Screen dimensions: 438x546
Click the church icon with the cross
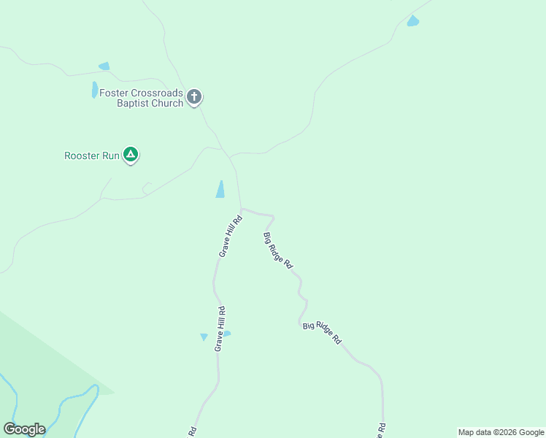coord(194,97)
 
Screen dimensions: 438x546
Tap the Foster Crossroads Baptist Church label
coord(141,98)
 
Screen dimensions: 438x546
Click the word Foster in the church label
coord(115,93)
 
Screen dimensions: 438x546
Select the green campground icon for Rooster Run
coord(131,155)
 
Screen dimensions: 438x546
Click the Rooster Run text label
coord(91,155)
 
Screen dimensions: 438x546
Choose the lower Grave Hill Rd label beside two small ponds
coord(219,328)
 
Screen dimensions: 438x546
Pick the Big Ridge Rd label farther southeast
coord(322,332)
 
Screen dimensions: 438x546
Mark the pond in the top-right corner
coord(413,21)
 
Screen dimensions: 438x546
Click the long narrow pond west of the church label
coord(94,90)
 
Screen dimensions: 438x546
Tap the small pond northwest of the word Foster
coord(104,66)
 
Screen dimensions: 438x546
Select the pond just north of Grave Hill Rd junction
coord(220,189)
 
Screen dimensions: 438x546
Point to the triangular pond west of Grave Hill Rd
coord(204,337)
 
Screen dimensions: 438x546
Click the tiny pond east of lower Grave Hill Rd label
coord(227,334)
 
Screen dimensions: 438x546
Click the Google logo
coord(24,429)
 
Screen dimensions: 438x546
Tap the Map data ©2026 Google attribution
coord(500,432)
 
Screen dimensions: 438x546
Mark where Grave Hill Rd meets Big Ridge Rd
coord(241,209)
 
